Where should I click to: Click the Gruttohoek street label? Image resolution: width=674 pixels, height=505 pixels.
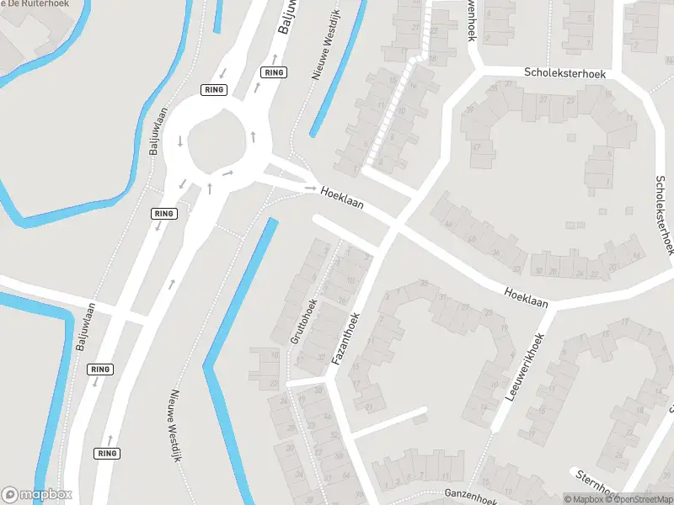click(x=304, y=321)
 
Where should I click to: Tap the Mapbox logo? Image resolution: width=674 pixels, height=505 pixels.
click(x=37, y=495)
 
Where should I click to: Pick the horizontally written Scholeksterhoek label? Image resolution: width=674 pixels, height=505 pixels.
click(x=565, y=73)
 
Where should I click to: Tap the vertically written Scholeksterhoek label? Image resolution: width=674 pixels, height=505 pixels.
click(x=665, y=215)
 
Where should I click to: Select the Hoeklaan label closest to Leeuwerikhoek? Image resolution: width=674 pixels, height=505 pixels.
click(x=526, y=297)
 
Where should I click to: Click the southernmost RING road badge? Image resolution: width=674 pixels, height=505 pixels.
click(x=107, y=453)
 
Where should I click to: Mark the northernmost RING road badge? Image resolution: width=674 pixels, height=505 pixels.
click(x=274, y=72)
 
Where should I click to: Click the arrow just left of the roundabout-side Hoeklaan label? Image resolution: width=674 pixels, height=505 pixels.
click(x=310, y=189)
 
